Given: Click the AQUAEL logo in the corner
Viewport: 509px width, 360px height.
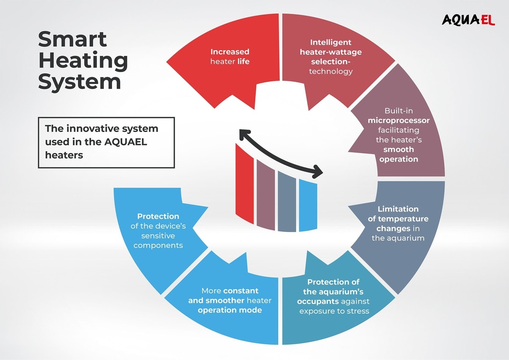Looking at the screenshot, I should click(x=468, y=20).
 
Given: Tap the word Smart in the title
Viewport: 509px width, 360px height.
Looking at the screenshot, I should click(x=73, y=40).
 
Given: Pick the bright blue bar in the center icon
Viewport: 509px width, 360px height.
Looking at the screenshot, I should click(x=308, y=205).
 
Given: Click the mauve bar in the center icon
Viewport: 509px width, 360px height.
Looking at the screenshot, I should click(x=266, y=194).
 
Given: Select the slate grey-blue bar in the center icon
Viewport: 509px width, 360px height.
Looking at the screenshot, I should click(x=287, y=201).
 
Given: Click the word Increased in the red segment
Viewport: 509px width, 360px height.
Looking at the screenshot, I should click(x=230, y=52).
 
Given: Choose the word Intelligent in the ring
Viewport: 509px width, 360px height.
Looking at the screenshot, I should click(x=330, y=42).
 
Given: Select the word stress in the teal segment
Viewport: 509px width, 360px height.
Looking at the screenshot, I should click(x=359, y=311).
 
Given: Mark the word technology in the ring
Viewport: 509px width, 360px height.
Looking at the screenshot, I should click(x=330, y=71).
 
